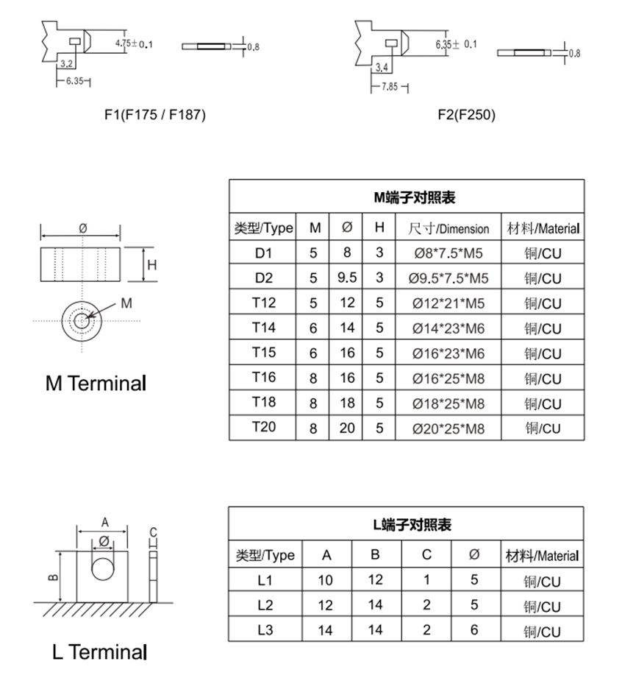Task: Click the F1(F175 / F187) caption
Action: (154, 115)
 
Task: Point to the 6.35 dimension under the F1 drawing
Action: (73, 81)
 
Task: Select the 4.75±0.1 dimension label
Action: (134, 44)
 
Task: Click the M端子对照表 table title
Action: (407, 197)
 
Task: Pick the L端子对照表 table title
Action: (407, 525)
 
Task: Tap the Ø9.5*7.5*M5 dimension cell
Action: (448, 278)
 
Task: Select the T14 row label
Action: (263, 328)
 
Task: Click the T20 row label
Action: (263, 427)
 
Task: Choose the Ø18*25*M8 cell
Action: (448, 403)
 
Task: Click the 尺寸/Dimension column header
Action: (448, 228)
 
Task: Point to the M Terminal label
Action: (96, 384)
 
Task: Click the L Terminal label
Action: (99, 652)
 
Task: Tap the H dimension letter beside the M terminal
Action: (151, 265)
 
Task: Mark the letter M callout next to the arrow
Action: (126, 303)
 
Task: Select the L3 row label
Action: (265, 631)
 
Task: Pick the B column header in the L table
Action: (376, 555)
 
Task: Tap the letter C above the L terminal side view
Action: (153, 532)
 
